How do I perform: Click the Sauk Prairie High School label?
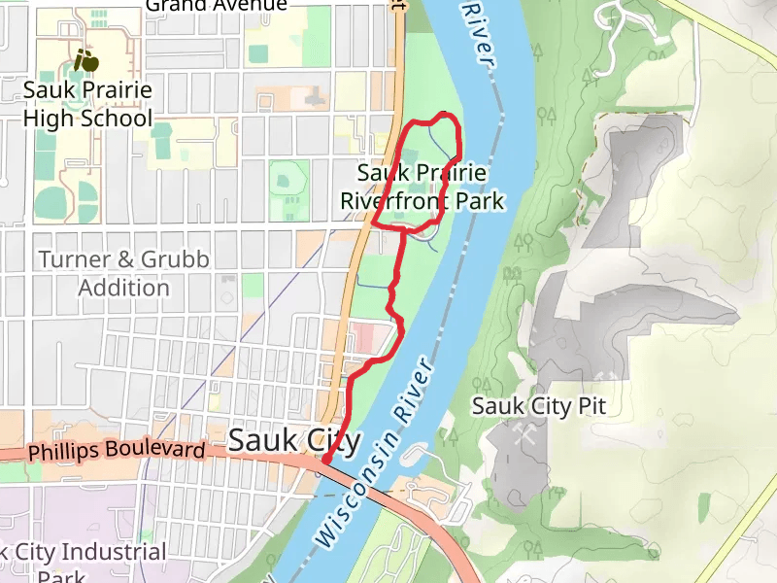pyautogui.click(x=87, y=105)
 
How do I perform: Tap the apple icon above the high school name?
pyautogui.click(x=87, y=61)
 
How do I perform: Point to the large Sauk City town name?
pyautogui.click(x=294, y=441)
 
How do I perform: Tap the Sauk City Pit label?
pyautogui.click(x=538, y=405)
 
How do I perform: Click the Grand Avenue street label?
pyautogui.click(x=216, y=5)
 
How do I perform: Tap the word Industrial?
pyautogui.click(x=111, y=552)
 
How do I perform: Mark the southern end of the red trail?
pyautogui.click(x=325, y=460)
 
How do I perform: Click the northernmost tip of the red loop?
pyautogui.click(x=445, y=115)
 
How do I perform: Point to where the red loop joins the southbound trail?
pyautogui.click(x=402, y=228)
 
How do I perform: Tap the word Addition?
pyautogui.click(x=123, y=288)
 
